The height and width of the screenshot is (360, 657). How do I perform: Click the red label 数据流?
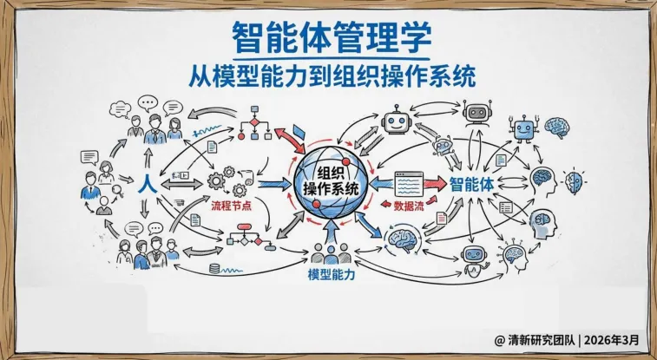[x=410, y=208]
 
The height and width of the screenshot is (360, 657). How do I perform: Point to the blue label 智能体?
[x=472, y=184]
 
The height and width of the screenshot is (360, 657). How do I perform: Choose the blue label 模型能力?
[x=334, y=274]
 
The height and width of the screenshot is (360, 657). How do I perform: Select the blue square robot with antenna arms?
[x=522, y=130]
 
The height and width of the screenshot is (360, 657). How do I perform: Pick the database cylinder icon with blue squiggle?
[x=214, y=269]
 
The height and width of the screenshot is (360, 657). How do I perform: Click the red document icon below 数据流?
[x=442, y=219]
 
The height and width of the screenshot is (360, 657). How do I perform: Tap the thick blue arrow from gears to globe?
[x=274, y=184]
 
